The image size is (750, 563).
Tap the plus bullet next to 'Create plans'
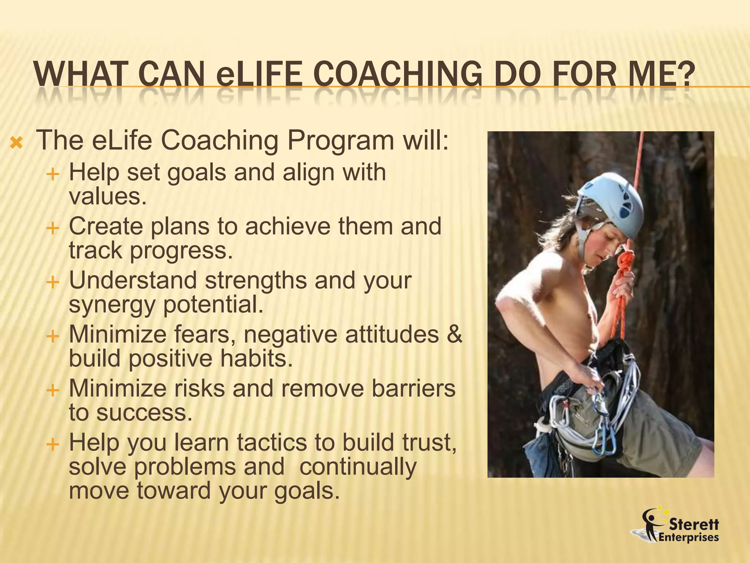53,228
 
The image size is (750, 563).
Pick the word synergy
112,305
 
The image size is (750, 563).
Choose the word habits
256,358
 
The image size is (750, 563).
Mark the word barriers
413,388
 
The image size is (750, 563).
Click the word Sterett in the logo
694,525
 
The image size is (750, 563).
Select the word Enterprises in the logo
688,538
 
